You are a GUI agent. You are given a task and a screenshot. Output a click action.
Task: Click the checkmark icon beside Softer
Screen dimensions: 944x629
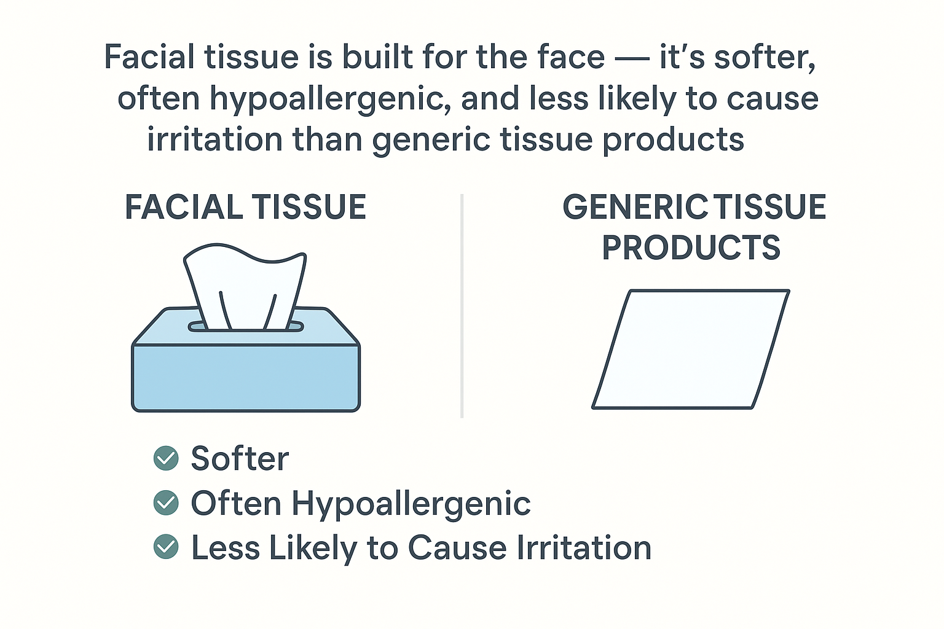tap(166, 458)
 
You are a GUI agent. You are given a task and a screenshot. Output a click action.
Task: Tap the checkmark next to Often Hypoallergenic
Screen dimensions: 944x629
tap(166, 502)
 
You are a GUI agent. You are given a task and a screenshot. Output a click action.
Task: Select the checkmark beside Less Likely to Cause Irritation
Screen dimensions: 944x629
tap(166, 547)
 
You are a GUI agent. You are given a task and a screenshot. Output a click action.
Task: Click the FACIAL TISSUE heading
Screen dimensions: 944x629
tap(246, 207)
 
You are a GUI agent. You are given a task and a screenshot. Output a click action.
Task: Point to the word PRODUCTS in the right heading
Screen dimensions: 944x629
tap(691, 248)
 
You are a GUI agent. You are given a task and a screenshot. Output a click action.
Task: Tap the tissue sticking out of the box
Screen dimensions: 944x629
tap(245, 286)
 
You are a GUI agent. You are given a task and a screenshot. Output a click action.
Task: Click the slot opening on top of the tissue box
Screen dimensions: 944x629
tap(246, 327)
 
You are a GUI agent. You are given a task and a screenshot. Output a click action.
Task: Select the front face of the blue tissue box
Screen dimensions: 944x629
tap(246, 378)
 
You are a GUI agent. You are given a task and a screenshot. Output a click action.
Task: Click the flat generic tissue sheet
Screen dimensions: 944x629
tap(691, 350)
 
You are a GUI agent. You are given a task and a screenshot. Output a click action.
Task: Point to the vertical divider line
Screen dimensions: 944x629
tap(462, 306)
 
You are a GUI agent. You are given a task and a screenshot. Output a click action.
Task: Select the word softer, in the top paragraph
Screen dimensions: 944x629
tap(765, 58)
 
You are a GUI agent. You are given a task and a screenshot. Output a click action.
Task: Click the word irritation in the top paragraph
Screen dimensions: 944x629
tap(214, 139)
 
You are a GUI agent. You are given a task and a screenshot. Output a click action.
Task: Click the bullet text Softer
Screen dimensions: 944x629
tap(240, 458)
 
